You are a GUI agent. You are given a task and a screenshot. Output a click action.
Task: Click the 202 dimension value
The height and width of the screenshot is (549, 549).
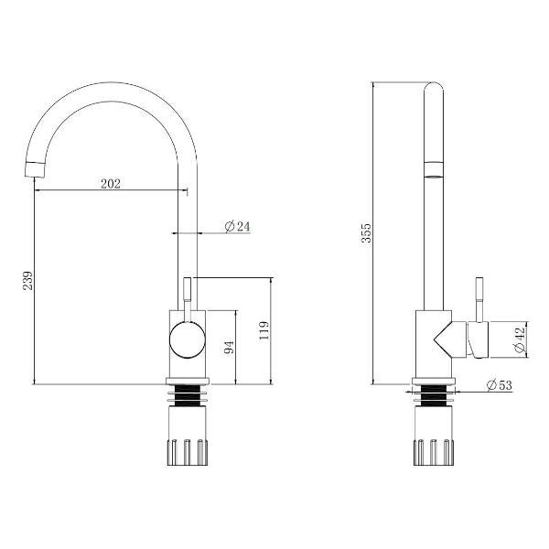click(111, 184)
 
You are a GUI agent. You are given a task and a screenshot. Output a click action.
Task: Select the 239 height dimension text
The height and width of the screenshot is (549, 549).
click(27, 280)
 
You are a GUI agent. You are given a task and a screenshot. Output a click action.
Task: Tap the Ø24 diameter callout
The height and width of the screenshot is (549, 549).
click(237, 227)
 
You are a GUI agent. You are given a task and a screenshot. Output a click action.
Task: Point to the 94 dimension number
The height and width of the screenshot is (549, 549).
click(229, 347)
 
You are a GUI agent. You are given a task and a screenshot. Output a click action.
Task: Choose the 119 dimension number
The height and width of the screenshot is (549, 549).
click(264, 330)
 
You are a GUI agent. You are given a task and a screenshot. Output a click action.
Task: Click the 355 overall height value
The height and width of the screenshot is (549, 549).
click(366, 232)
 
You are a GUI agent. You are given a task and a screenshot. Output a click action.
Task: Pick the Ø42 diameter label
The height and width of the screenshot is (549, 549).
click(520, 339)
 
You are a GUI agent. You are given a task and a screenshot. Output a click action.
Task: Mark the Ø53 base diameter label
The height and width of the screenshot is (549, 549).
click(500, 385)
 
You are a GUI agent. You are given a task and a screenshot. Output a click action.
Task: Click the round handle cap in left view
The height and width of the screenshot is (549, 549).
click(188, 340)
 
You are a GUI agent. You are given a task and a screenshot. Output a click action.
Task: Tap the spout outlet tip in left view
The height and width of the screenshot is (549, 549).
click(36, 170)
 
